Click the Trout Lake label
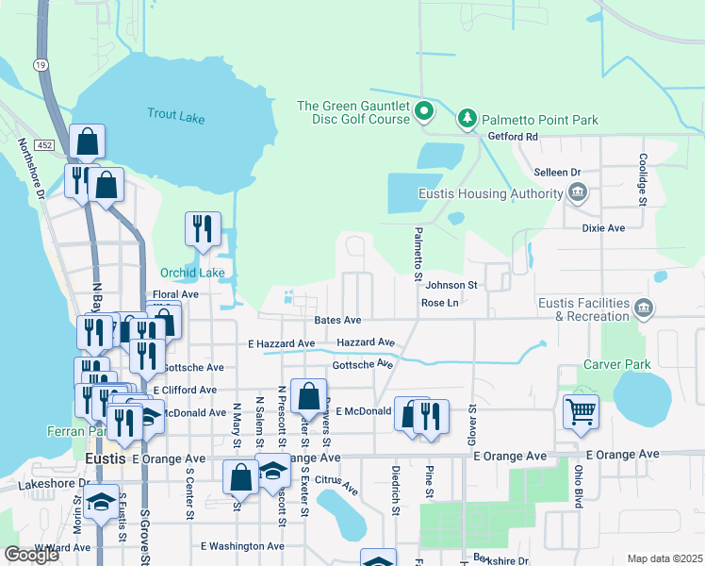[175, 117]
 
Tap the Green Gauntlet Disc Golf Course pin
[424, 112]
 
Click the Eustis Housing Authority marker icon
[578, 195]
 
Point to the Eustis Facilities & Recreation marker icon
[644, 308]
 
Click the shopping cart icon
[581, 411]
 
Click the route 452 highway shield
[43, 143]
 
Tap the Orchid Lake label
[192, 274]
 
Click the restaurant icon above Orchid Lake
[204, 229]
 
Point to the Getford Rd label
[512, 137]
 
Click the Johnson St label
[452, 285]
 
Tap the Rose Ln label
[440, 303]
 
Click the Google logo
[31, 555]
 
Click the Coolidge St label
[642, 179]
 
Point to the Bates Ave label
[338, 321]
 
